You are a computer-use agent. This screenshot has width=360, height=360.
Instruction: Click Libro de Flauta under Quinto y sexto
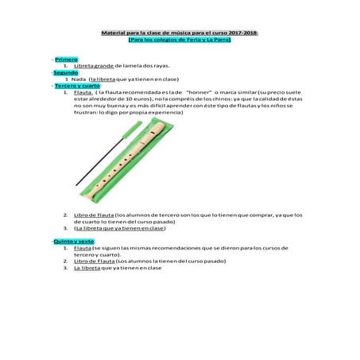(93, 261)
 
